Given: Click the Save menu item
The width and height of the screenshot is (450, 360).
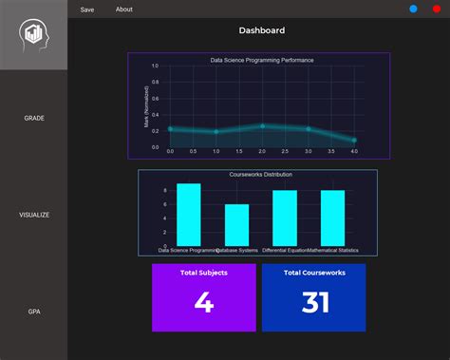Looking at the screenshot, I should (87, 9).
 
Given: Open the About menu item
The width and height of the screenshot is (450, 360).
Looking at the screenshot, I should (124, 9).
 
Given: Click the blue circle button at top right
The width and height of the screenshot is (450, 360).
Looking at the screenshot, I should (413, 9).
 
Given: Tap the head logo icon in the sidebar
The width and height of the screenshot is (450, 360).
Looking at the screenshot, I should (33, 35).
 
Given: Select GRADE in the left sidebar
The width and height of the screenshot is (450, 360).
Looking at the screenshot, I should (34, 119).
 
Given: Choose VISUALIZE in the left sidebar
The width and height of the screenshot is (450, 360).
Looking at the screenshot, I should (34, 215).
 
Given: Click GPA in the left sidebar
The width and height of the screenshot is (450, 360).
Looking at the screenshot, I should (34, 311).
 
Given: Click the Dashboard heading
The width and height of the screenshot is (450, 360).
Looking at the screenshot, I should (261, 30).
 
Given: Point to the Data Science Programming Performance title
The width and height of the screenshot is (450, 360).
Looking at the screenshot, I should (262, 60).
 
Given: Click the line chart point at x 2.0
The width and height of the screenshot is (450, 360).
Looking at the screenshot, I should (263, 126).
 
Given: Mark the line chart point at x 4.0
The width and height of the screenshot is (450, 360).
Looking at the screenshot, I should (354, 140).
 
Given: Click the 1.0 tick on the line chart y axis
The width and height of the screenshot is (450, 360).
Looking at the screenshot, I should (155, 66).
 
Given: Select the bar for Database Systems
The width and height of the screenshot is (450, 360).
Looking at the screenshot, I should (236, 224).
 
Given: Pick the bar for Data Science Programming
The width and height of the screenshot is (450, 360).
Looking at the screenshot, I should (189, 215).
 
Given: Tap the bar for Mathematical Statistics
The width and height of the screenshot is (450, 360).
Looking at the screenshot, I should (332, 218).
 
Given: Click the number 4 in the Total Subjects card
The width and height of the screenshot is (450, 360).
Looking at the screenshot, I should (204, 303).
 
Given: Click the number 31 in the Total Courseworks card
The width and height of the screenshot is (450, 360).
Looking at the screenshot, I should (314, 303).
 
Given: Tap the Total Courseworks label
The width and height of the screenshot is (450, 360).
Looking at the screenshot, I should (313, 273).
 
